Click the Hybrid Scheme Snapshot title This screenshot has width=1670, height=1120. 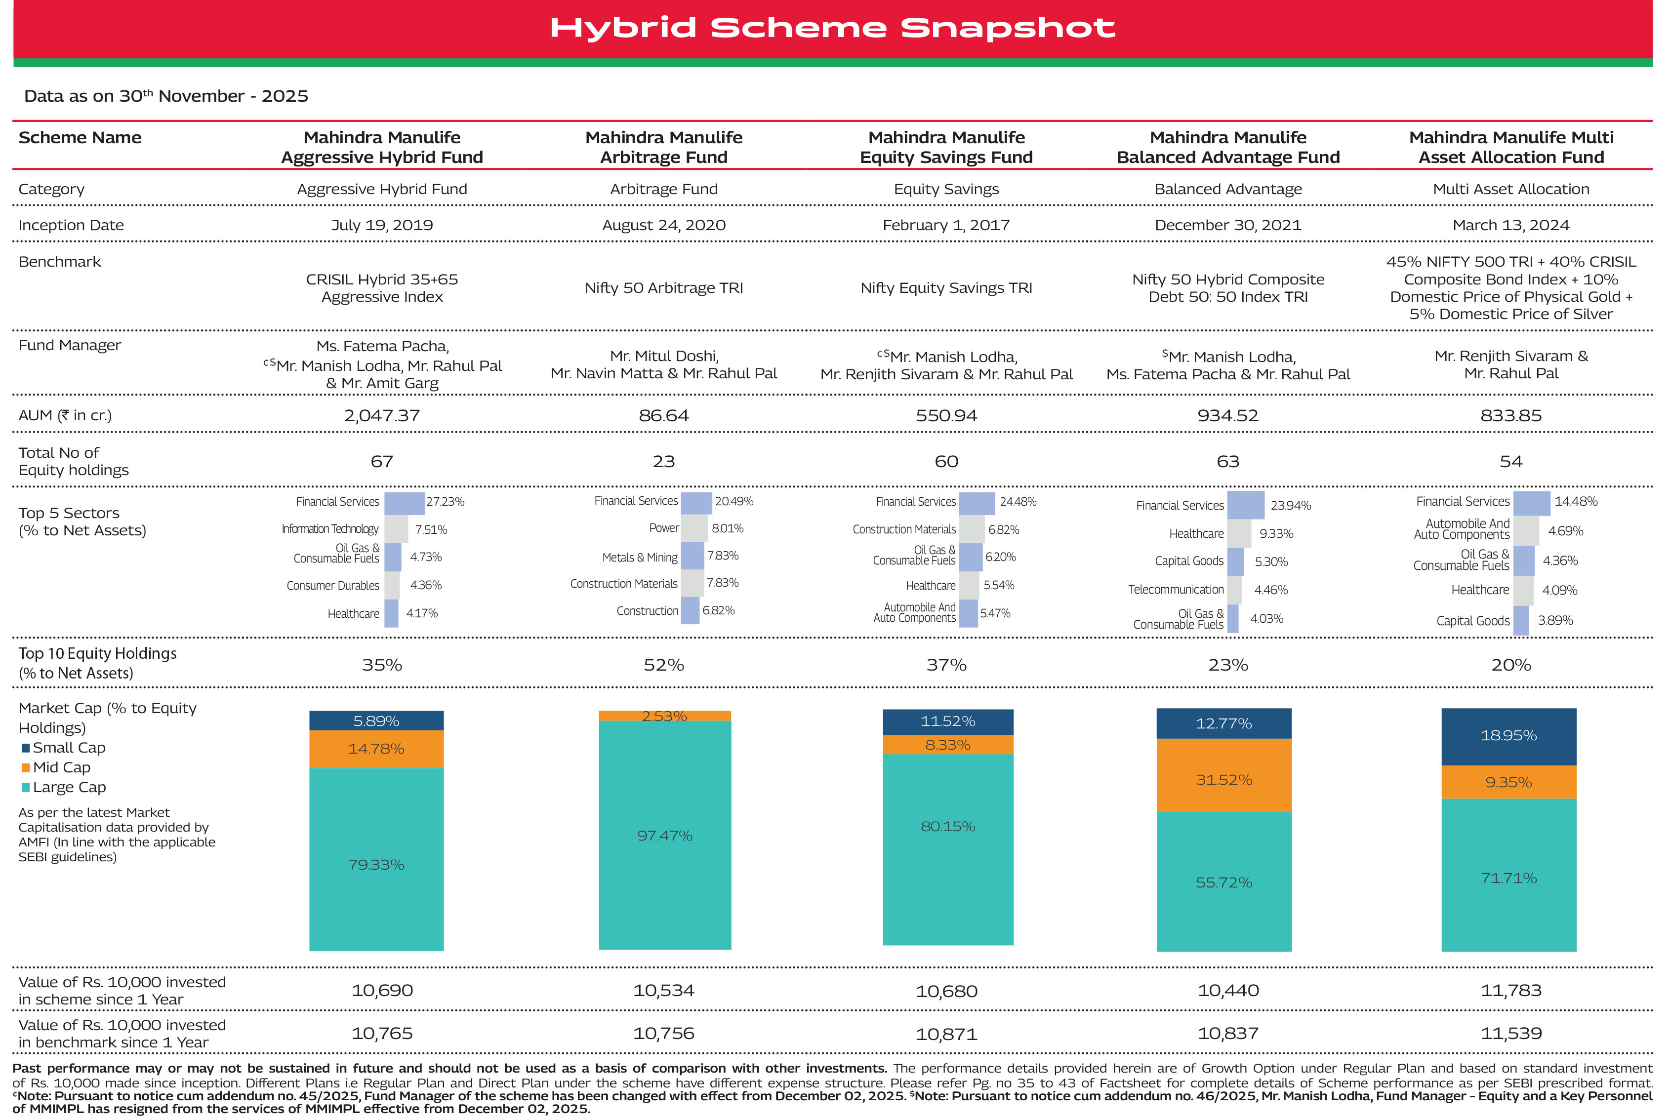click(x=832, y=29)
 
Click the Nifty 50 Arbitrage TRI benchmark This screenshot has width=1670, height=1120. click(x=663, y=288)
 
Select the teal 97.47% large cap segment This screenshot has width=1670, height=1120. click(x=664, y=835)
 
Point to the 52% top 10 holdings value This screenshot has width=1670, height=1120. click(x=663, y=665)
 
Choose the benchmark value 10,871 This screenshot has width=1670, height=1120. click(x=946, y=1034)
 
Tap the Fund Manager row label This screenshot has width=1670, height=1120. click(x=69, y=346)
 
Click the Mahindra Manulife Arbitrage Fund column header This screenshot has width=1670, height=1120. click(x=663, y=147)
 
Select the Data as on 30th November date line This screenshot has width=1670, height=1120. click(x=165, y=96)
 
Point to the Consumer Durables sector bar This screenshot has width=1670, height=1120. click(x=391, y=586)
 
